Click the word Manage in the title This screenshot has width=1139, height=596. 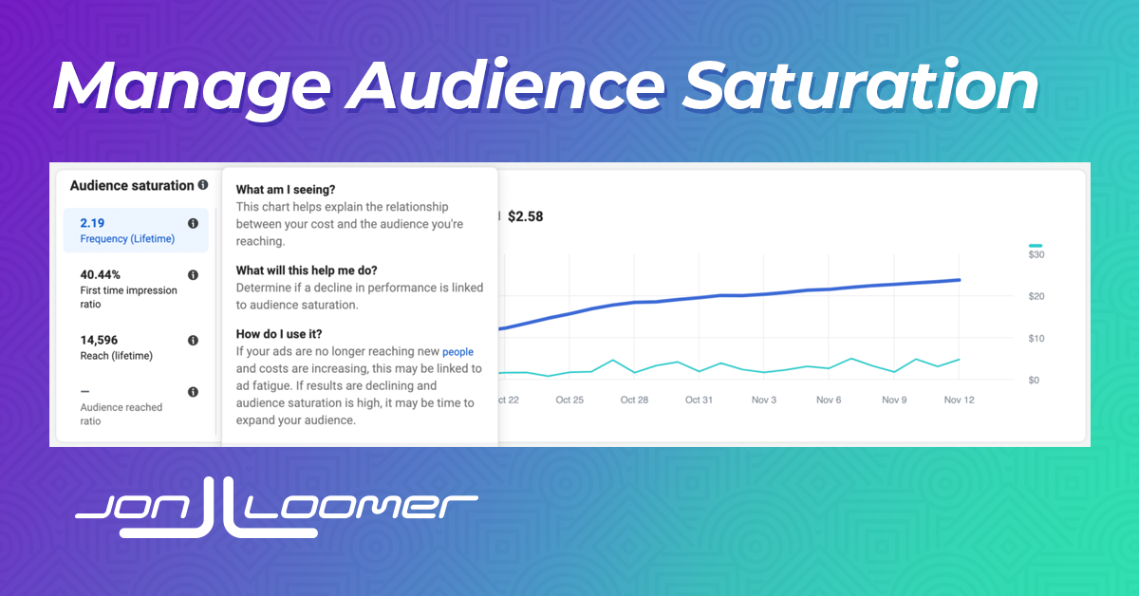coord(192,86)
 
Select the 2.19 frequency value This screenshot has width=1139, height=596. coord(92,223)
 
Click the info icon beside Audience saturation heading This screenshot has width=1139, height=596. coord(203,185)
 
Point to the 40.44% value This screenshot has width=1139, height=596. coord(101,274)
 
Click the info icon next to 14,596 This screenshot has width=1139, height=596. coord(193,340)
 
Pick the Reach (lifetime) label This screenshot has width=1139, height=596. coord(117,356)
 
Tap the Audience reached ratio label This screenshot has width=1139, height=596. coord(121,414)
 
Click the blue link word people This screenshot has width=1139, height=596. coord(457,352)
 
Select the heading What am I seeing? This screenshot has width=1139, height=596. coord(286,189)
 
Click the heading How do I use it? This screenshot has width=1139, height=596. coord(279,334)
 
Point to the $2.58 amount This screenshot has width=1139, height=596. coord(525,216)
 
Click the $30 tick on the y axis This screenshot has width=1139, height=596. coord(1036,254)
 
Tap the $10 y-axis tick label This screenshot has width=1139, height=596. coord(1036,338)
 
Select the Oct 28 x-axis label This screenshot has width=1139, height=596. coord(634,400)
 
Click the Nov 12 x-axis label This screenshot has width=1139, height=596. coord(959,400)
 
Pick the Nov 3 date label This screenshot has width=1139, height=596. coord(764,400)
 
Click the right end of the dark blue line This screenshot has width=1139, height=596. coord(960,280)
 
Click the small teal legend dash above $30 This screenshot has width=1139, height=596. coord(1036,246)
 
